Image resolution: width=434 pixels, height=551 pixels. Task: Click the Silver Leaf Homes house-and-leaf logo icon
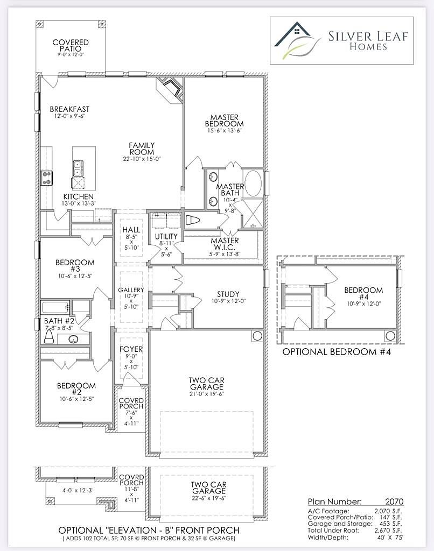click(297, 39)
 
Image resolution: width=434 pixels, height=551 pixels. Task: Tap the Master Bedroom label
click(225, 121)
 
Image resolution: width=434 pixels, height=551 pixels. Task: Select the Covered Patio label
click(71, 45)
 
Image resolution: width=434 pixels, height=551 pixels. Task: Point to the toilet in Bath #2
click(48, 338)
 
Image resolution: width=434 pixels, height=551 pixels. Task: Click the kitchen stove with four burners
click(47, 178)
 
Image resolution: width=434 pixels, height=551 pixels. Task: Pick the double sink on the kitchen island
click(78, 168)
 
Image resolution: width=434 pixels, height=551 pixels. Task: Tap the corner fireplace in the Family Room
click(170, 90)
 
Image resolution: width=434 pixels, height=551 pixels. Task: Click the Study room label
click(228, 294)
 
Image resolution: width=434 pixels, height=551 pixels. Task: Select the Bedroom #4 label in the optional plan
click(363, 293)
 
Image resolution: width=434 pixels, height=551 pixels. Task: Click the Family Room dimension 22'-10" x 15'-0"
click(142, 159)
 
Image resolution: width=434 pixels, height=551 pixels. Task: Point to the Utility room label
click(166, 237)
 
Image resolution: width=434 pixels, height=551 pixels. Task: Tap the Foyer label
click(131, 349)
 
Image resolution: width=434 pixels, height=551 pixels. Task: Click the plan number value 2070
click(394, 501)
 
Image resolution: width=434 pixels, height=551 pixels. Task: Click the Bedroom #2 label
click(76, 388)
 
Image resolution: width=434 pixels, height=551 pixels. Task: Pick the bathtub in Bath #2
click(55, 307)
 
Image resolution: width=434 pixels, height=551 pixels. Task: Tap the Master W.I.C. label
click(225, 244)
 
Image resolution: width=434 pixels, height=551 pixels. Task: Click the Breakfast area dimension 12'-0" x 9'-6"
click(69, 116)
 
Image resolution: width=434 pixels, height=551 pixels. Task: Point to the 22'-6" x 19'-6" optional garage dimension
click(208, 498)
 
